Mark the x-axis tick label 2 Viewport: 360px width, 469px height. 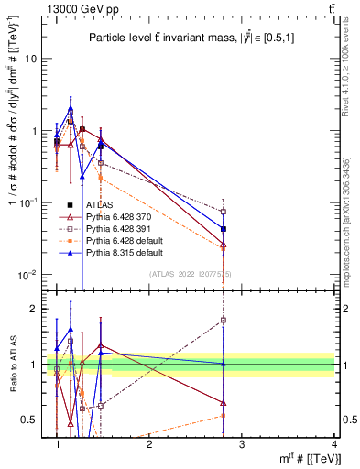click(149, 444)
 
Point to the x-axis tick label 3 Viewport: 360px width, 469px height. click(241, 444)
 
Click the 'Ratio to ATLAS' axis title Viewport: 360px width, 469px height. click(13, 365)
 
